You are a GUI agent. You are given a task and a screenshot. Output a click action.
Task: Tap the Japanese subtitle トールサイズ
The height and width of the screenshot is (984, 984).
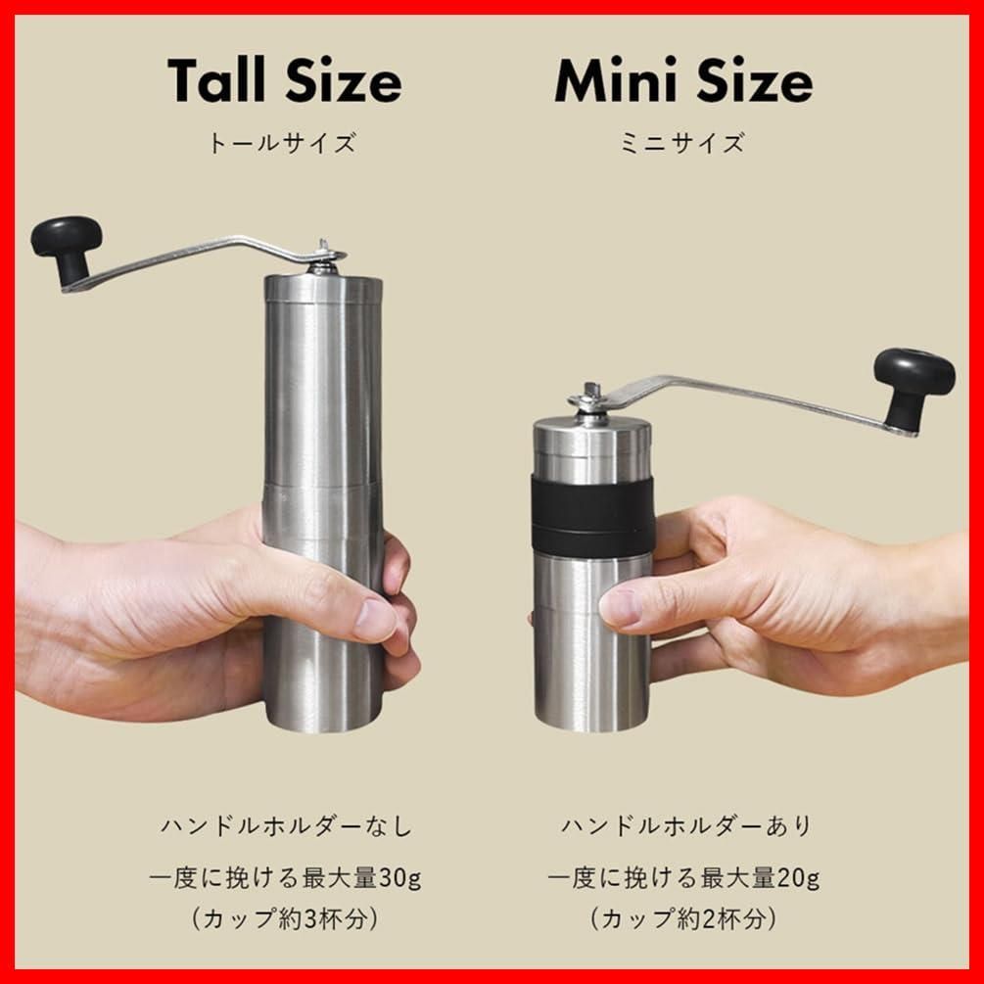[282, 144]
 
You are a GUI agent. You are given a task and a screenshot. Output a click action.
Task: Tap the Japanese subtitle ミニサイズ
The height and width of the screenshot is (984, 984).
[682, 144]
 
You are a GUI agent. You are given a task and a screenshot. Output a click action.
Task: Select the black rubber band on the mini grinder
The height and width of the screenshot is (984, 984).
[592, 516]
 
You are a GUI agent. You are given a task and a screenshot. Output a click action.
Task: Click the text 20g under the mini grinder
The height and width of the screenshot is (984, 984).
[798, 877]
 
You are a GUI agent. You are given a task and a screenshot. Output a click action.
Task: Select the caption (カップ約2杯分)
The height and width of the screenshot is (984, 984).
[684, 919]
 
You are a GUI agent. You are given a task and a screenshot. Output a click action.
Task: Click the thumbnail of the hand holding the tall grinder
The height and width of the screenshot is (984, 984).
[373, 621]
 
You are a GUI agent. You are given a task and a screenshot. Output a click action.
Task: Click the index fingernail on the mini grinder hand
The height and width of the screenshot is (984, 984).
[617, 608]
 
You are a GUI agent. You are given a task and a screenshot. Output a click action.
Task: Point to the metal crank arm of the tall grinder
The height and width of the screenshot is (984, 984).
[196, 257]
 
